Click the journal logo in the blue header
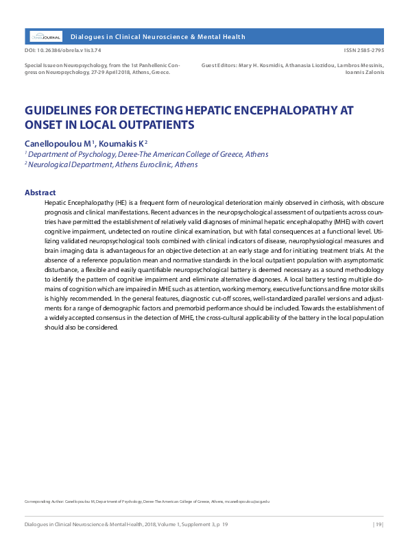[x=46, y=36]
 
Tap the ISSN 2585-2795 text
[x=365, y=51]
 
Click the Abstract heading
[x=40, y=193]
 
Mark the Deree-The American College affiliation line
[x=148, y=154]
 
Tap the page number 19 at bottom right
[x=378, y=524]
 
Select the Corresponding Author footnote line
[x=147, y=502]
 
